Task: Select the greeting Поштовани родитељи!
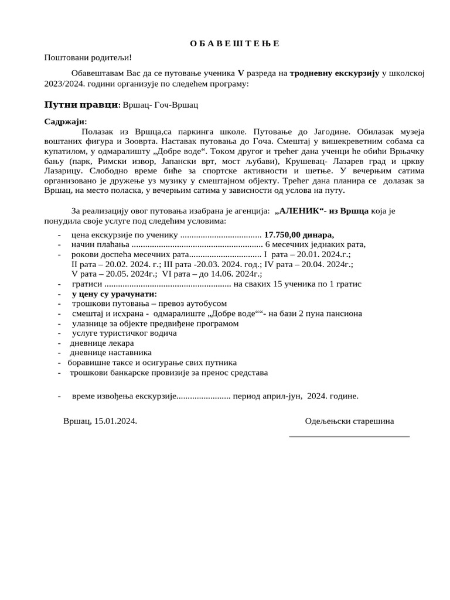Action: [x=88, y=57]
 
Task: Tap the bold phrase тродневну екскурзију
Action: [x=335, y=73]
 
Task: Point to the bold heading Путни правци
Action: [x=81, y=105]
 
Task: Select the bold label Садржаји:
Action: [x=65, y=121]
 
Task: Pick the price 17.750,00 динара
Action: [x=299, y=234]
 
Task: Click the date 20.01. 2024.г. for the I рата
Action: [x=322, y=255]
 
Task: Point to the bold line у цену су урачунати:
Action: [x=114, y=294]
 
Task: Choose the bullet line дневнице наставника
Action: [x=111, y=353]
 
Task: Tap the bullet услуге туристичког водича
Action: [x=124, y=333]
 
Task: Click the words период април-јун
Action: [x=267, y=396]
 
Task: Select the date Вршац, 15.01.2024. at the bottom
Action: [x=100, y=421]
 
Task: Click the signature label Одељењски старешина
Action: [x=349, y=421]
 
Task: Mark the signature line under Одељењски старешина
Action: [x=349, y=437]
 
